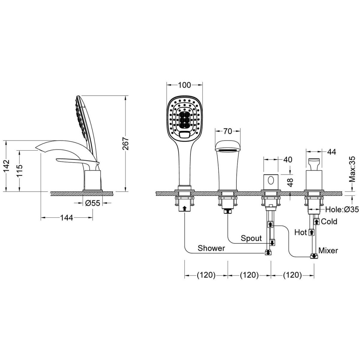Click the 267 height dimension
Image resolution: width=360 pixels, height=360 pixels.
pos(125,143)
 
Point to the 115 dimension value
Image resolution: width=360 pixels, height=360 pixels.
pos(19,170)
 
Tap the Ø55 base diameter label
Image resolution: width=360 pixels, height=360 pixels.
pos(93,203)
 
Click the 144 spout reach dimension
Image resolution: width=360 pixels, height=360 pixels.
pos(67,217)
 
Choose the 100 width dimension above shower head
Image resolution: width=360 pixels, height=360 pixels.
pos(184,85)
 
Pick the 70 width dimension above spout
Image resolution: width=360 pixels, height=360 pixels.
pos(228,131)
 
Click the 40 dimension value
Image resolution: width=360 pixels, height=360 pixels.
pos(288,160)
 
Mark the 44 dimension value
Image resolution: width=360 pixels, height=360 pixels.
pos(331,152)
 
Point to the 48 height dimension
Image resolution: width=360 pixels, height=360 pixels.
pos(290,182)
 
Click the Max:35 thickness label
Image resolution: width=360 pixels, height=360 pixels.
pos(352,169)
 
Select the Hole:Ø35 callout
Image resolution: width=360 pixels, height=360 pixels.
pos(342,210)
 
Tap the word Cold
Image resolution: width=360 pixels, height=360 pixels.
pos(329,222)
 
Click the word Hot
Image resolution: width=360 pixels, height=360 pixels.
pos(301,232)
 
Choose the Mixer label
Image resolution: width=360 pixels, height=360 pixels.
pos(328,250)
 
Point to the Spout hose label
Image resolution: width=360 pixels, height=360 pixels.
pos(251,238)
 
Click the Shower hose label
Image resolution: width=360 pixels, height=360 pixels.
pos(211,248)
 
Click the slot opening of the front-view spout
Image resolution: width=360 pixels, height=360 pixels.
pos(228,150)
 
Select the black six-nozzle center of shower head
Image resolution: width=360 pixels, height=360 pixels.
pos(184,120)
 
